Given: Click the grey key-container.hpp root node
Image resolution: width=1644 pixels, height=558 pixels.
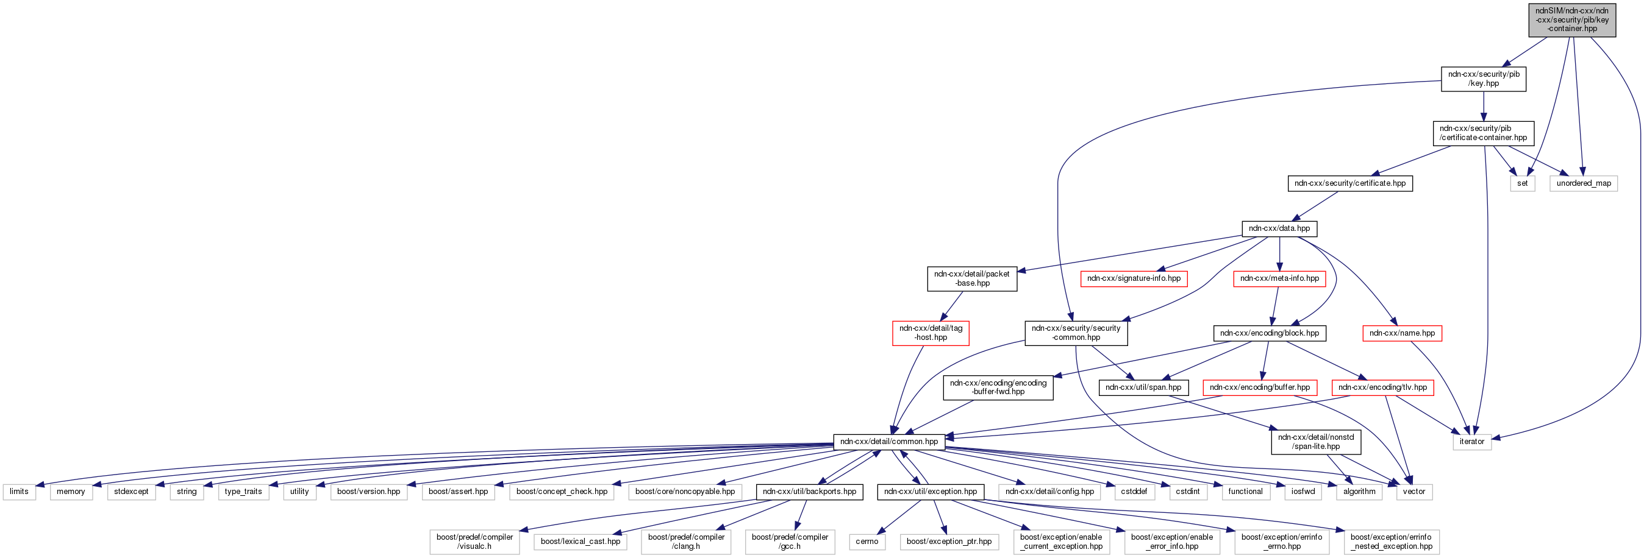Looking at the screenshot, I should tap(1572, 19).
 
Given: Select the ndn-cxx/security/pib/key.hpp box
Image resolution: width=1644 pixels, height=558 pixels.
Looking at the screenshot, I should tap(1483, 79).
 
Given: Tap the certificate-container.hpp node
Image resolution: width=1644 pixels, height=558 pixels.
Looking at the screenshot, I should tap(1483, 133).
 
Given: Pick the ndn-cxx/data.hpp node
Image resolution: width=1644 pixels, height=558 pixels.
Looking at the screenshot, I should tap(1279, 228).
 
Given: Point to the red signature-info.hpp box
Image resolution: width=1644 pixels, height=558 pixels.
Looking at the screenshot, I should tap(1134, 278).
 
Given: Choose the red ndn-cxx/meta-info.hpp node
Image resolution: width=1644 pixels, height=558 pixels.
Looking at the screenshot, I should tap(1279, 278).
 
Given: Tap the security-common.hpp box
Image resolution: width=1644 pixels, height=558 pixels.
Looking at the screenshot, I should tap(1076, 333).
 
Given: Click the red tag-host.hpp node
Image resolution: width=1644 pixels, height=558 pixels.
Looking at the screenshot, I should tap(931, 333).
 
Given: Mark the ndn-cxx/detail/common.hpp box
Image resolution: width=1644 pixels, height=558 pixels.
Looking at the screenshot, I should tap(888, 442).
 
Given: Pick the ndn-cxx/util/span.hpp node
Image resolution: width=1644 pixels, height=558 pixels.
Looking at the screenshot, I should tap(1143, 387).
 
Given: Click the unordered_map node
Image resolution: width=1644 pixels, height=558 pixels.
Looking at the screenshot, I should tap(1584, 183).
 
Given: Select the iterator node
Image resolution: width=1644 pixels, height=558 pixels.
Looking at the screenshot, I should tap(1471, 442).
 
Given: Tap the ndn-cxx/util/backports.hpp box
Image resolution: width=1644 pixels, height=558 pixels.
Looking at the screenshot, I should tap(809, 492).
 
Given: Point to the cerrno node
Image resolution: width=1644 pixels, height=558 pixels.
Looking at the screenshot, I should tap(867, 542).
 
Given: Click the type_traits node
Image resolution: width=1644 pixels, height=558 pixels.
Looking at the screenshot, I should tap(243, 492).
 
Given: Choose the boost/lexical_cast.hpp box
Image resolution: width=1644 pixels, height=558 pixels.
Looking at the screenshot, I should tap(580, 542).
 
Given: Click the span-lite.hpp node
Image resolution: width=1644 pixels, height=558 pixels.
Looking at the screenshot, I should tap(1315, 442).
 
